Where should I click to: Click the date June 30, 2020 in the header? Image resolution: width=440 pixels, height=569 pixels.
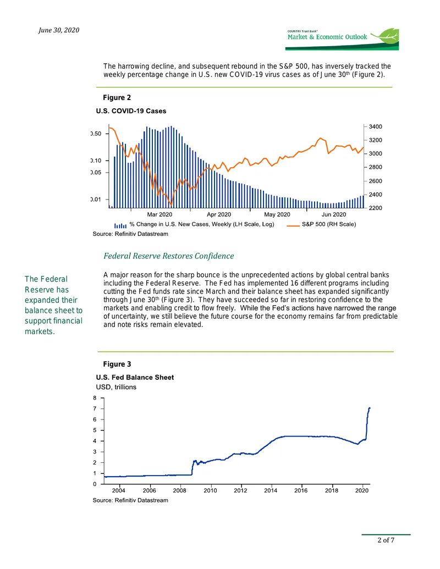(x=59, y=30)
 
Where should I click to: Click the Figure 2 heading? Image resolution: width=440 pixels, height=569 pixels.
(x=117, y=98)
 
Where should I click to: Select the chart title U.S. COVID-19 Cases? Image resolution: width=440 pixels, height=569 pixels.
(x=131, y=111)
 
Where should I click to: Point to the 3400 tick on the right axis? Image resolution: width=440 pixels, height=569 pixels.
(x=376, y=126)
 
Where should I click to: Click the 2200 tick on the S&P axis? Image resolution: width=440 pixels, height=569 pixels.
(x=376, y=208)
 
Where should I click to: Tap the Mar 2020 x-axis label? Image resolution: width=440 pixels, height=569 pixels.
(x=159, y=214)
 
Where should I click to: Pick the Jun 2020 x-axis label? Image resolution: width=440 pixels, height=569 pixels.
(x=334, y=214)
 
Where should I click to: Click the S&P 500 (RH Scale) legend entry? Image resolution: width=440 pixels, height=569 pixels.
(x=321, y=224)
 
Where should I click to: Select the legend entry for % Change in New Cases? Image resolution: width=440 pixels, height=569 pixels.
(x=194, y=224)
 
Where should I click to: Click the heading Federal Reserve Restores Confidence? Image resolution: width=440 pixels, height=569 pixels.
(x=169, y=256)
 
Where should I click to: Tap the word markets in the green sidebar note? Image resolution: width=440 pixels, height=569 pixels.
(x=40, y=332)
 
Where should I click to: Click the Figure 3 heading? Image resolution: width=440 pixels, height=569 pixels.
(x=117, y=364)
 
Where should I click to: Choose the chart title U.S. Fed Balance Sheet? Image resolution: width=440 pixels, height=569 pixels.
(x=135, y=377)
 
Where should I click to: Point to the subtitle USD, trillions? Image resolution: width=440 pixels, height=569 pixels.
(x=116, y=387)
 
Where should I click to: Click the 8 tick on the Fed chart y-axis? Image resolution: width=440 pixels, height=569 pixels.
(x=95, y=398)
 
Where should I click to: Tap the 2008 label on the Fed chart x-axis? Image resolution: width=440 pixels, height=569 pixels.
(x=180, y=490)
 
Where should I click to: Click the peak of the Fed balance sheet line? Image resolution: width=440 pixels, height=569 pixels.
(x=370, y=408)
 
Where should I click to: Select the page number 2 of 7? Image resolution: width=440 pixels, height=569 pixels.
(x=386, y=540)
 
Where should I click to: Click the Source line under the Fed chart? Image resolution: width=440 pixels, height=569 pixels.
(x=130, y=500)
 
